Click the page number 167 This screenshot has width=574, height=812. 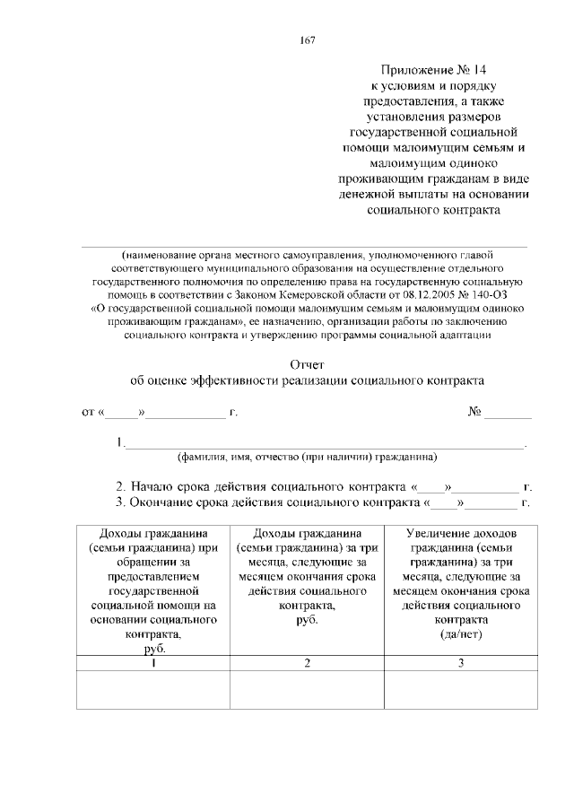(x=306, y=39)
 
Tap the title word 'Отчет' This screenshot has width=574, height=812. (x=307, y=364)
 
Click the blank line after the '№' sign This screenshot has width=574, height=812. (x=509, y=415)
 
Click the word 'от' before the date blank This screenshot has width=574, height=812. (x=88, y=413)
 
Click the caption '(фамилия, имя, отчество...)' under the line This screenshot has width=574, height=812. (x=307, y=457)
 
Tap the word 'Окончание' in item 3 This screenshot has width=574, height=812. (x=164, y=502)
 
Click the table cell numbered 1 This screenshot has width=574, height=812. (x=153, y=664)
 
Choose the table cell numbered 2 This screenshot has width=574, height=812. (x=307, y=664)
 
